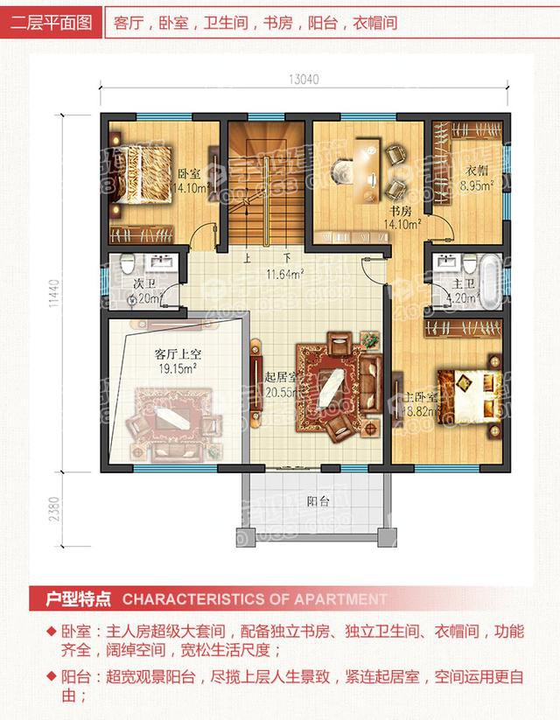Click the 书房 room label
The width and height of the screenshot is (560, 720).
(x=401, y=212)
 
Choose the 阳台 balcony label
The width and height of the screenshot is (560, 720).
(x=318, y=502)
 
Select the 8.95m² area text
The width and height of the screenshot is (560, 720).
(x=478, y=185)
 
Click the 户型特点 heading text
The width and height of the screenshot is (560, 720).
(x=79, y=600)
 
